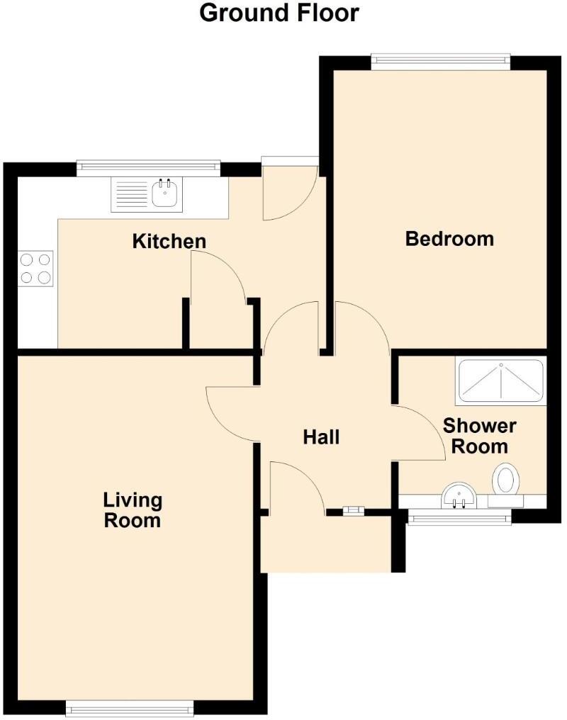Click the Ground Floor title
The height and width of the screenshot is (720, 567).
(279, 13)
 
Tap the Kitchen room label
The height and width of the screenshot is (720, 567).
(169, 241)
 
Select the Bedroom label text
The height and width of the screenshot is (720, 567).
(449, 238)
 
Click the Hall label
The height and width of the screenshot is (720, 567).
(321, 437)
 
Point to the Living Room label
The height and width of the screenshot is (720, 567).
(133, 510)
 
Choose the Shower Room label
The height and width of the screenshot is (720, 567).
(480, 436)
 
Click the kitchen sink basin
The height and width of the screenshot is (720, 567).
(166, 193)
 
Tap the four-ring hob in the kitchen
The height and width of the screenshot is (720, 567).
(36, 269)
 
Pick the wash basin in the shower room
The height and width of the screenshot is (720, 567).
(459, 495)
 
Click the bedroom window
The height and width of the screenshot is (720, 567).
(441, 62)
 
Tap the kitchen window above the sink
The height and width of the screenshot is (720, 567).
(148, 167)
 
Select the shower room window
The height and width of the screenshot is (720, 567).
(459, 518)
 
